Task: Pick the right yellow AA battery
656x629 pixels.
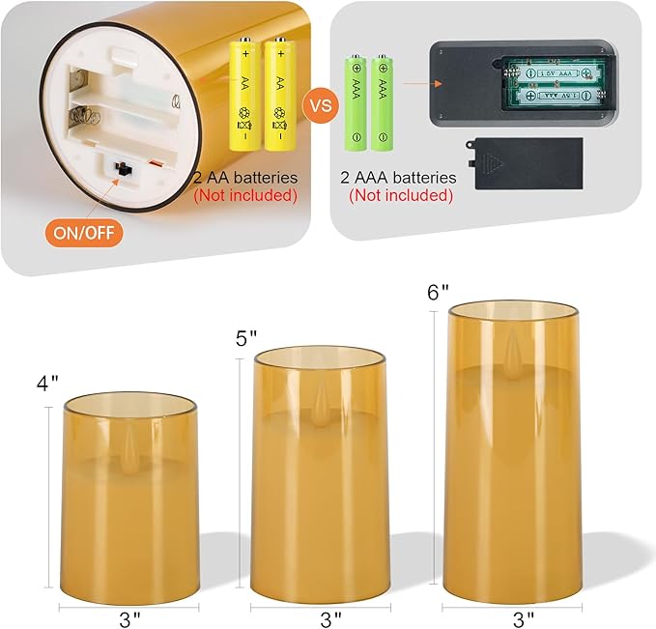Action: pos(279,94)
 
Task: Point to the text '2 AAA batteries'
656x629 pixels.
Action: pos(397,178)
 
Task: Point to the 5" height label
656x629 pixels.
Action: pos(246,338)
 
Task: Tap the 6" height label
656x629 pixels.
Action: pos(438,292)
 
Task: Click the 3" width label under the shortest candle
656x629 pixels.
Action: pos(128,615)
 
